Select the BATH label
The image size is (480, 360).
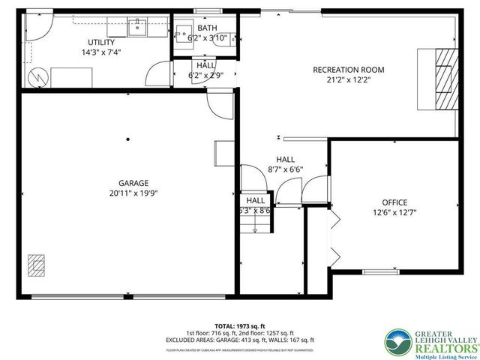[207, 28]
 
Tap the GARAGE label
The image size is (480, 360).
[133, 182]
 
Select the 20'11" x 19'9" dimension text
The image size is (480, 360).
[133, 193]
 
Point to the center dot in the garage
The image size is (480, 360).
[128, 139]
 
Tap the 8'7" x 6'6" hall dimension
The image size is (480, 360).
[286, 170]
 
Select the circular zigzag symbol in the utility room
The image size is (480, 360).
[37, 76]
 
